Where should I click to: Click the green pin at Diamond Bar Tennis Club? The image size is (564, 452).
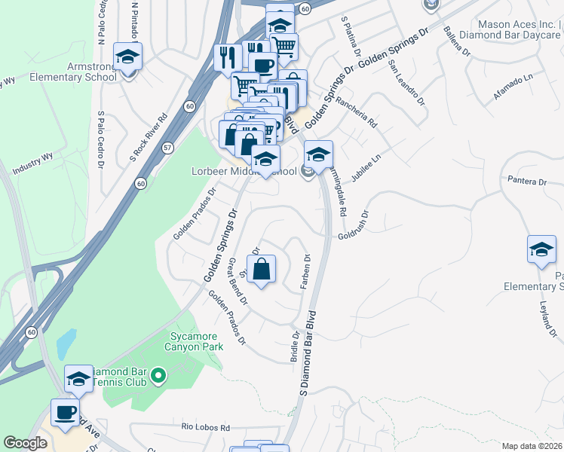pyautogui.click(x=158, y=374)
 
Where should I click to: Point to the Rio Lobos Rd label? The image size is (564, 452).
pyautogui.click(x=205, y=427)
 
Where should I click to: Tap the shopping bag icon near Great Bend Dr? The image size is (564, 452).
pyautogui.click(x=261, y=269)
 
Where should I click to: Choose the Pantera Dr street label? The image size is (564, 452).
pyautogui.click(x=526, y=182)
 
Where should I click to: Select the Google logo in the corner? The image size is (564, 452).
pyautogui.click(x=25, y=443)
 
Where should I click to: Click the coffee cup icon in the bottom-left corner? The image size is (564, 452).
pyautogui.click(x=64, y=411)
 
